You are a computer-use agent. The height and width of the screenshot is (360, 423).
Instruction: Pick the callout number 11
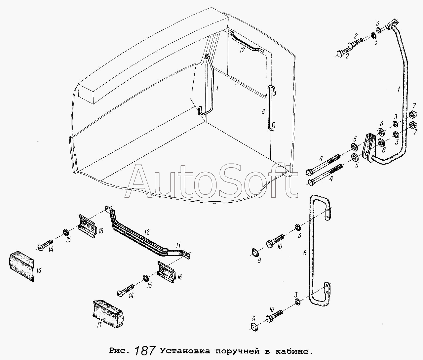pos(178,245)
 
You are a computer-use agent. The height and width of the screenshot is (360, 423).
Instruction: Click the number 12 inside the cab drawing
pos(242,50)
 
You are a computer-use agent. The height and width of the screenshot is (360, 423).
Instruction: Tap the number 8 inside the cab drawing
pos(263,111)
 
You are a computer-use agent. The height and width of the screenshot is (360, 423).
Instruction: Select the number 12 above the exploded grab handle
pos(146,232)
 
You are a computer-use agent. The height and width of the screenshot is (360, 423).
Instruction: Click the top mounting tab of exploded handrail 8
pos(328,214)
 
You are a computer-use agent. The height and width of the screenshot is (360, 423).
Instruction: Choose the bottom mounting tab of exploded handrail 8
pos(327,290)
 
